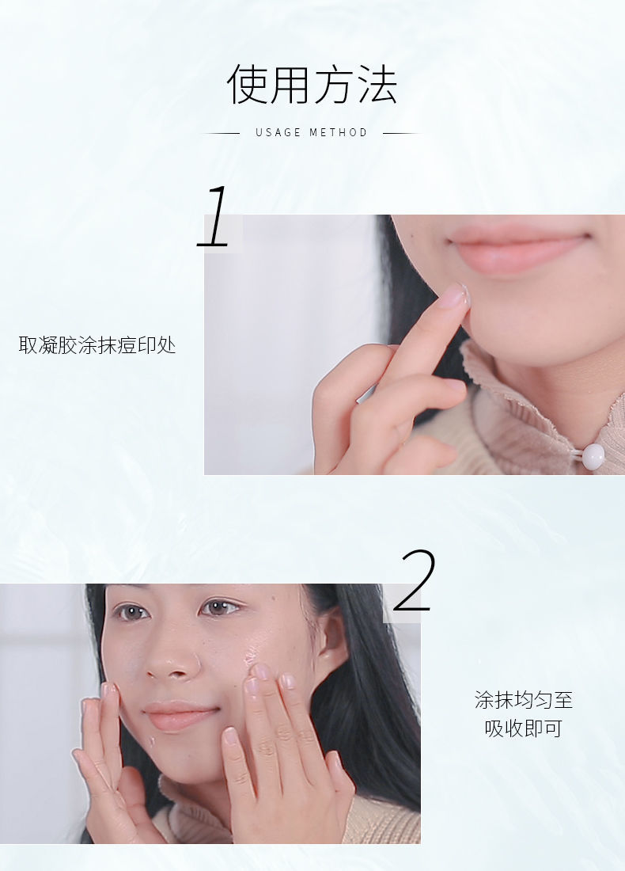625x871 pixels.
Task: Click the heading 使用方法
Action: coord(312,85)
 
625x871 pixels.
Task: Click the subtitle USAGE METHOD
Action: coord(312,132)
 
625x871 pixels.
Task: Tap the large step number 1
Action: coord(214,217)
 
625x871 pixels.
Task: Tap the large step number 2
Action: coord(415,580)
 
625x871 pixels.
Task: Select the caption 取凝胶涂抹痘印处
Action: coord(97,345)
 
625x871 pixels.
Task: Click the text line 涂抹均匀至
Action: coord(524,700)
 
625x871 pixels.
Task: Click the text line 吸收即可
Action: coord(524,728)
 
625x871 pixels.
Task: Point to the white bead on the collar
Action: coord(593,457)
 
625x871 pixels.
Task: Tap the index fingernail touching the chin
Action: coord(455,295)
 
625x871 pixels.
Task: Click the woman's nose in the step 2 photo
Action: coord(172,658)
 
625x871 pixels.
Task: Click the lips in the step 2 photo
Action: coord(180,716)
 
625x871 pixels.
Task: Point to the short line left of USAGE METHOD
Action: coord(222,133)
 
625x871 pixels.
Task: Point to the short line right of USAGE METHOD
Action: coord(401,133)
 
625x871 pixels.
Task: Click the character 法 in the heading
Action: coord(378,85)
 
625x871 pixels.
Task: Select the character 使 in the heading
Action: coord(247,85)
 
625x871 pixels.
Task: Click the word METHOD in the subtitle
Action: coord(339,132)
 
